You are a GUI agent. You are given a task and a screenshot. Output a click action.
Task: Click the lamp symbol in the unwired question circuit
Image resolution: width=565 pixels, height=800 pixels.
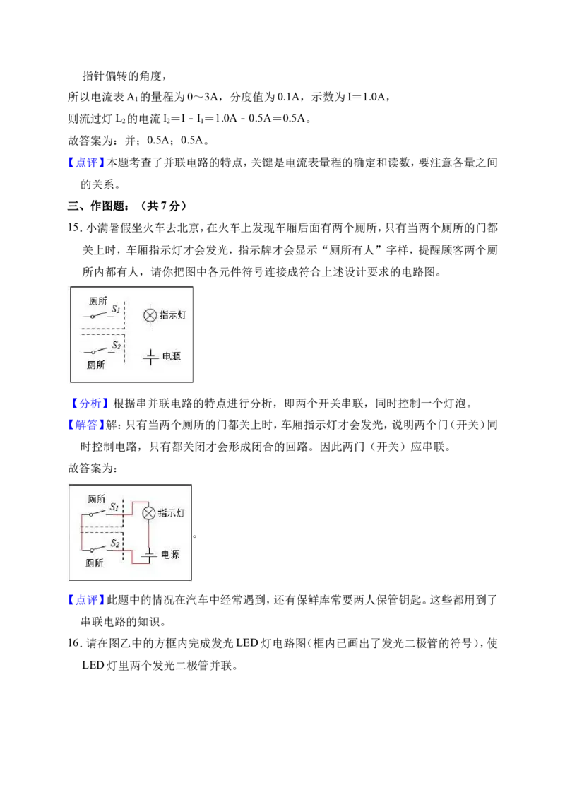point(150,315)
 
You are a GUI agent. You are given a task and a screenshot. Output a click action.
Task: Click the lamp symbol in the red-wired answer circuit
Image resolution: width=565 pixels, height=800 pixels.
point(148,513)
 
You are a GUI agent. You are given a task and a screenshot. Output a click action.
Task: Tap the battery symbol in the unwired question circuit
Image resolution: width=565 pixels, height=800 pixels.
point(150,357)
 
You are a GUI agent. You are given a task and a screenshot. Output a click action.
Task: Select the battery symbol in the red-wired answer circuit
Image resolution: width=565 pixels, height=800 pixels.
point(149,555)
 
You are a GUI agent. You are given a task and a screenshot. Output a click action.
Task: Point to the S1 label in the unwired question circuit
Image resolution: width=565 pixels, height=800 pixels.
point(117,309)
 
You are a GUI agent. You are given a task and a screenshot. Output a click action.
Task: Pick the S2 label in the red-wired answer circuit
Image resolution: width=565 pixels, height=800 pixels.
point(115,543)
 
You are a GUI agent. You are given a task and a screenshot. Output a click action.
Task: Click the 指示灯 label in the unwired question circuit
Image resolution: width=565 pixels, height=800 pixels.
point(173,315)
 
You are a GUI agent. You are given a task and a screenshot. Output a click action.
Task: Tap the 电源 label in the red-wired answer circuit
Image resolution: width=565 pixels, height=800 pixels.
point(170,555)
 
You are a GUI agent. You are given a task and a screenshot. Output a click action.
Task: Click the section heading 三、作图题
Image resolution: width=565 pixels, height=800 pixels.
point(95,206)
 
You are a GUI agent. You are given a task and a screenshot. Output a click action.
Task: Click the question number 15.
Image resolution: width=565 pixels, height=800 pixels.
point(74,228)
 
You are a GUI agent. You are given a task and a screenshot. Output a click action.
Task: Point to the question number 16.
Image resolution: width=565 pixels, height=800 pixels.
point(74,644)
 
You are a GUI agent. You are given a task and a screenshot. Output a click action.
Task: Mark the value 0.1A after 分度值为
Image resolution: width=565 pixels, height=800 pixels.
point(289,97)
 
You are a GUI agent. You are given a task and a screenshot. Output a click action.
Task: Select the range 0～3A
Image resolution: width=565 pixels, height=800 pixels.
point(203,97)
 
